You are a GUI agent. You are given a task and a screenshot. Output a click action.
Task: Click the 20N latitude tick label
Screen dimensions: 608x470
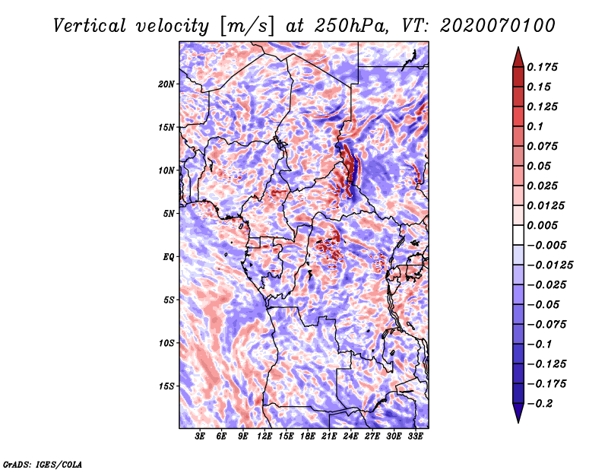[x=166, y=84]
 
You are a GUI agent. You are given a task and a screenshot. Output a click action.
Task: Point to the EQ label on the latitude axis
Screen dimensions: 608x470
[x=168, y=257]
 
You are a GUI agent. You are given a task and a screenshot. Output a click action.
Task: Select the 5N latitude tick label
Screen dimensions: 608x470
[x=169, y=214]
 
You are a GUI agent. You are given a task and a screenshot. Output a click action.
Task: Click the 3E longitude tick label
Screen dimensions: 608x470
[x=200, y=437]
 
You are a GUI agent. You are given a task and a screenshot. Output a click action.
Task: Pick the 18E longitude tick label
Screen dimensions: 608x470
[x=308, y=437]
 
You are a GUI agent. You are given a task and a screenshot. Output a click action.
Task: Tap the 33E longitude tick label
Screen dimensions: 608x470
[x=415, y=437]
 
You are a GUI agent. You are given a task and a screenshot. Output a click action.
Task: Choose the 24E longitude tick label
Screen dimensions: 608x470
[x=350, y=437]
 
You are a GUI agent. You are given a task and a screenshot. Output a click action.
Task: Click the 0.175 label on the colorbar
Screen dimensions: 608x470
[x=542, y=67]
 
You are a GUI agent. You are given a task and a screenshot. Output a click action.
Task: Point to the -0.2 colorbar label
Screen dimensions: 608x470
[x=540, y=404]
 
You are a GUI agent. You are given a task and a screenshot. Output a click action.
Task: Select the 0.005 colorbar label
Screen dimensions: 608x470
[x=542, y=225]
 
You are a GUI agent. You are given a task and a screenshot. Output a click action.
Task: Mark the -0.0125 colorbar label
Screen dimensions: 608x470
[x=549, y=265]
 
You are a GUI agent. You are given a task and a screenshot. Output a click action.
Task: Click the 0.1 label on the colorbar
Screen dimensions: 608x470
[x=535, y=126]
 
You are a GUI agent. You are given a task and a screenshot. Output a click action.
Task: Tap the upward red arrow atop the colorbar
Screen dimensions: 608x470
[x=518, y=57]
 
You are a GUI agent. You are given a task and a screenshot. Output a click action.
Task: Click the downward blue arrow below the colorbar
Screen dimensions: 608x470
[x=518, y=413]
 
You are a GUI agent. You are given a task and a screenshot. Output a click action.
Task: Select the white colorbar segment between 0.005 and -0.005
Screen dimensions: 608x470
[x=518, y=235]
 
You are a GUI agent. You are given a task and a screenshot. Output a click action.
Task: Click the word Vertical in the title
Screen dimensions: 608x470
[x=90, y=26]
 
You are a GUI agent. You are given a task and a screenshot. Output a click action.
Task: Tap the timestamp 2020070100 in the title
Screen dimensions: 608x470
[x=498, y=26]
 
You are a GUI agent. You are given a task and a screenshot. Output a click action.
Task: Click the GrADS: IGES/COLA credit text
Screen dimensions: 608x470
[x=43, y=465]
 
